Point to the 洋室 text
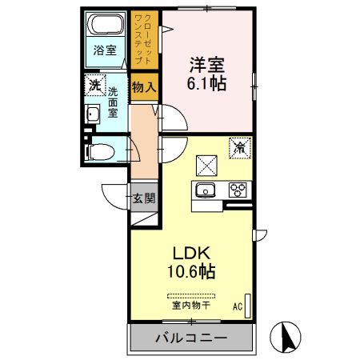coord(206,62)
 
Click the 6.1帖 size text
coord(206,82)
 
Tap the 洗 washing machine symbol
coord(95,84)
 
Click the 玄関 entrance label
coord(143,198)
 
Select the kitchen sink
coord(204,190)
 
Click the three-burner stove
coord(237,190)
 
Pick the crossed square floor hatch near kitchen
coord(206,162)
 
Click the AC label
coord(238,306)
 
